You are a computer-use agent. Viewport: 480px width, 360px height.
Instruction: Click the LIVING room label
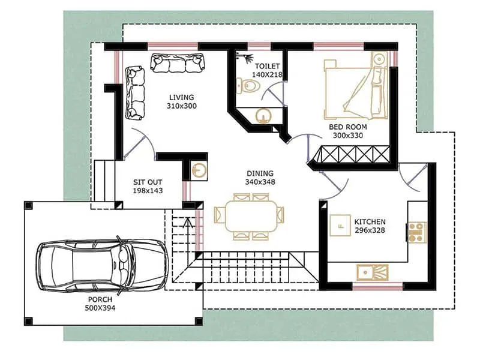(x=182, y=97)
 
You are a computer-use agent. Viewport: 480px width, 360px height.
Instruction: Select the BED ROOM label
(x=347, y=127)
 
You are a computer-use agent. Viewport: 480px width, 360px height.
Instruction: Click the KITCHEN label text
(x=370, y=221)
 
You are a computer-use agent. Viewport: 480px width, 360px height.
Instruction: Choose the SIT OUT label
(x=148, y=182)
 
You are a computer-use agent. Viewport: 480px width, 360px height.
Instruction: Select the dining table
(x=251, y=216)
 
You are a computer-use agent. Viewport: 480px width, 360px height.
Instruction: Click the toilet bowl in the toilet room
(x=248, y=87)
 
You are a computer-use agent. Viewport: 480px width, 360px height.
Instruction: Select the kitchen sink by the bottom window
(x=373, y=272)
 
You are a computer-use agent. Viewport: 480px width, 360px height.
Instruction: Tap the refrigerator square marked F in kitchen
(x=340, y=226)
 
